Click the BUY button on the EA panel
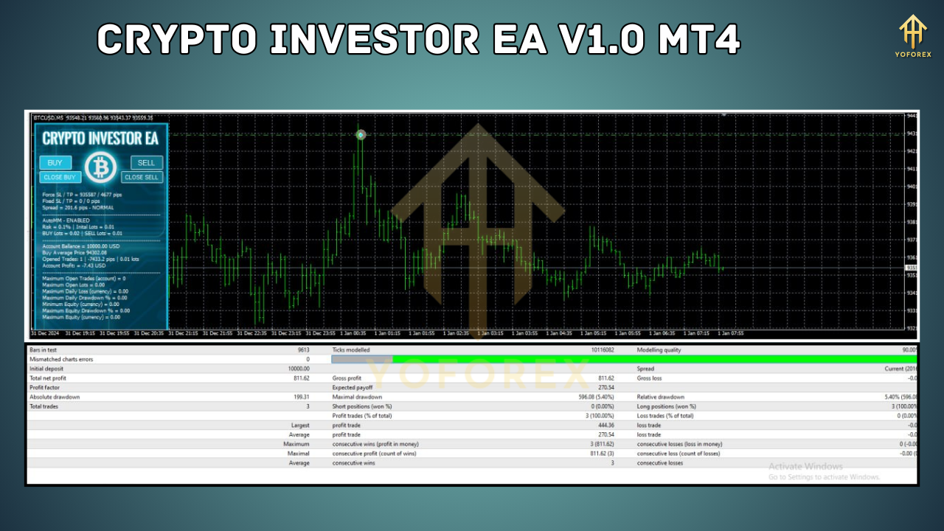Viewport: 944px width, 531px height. point(55,163)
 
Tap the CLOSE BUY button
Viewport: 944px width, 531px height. point(60,177)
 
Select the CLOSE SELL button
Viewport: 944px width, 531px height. point(142,177)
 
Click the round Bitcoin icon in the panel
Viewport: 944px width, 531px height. point(100,168)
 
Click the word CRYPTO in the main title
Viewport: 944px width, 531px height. point(178,39)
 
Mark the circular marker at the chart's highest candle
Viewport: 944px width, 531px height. point(361,134)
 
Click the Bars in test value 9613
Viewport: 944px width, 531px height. point(303,350)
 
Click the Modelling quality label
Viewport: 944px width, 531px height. point(661,350)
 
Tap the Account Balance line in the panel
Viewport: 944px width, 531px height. point(80,246)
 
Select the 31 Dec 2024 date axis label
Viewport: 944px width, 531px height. point(45,333)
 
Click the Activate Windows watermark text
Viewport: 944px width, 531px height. point(805,466)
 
